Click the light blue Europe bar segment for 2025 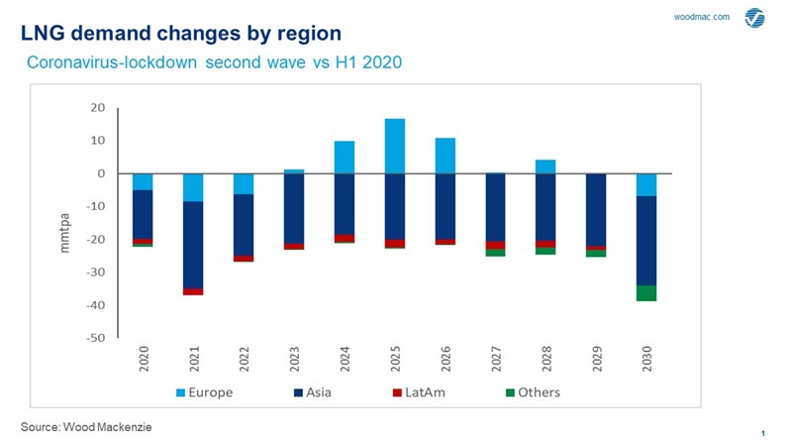(x=395, y=146)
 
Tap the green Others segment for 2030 (x=646, y=292)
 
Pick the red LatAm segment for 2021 (x=193, y=291)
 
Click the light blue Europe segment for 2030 (x=646, y=184)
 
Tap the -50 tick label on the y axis (x=95, y=338)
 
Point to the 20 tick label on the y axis (x=98, y=108)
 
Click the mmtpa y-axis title (x=66, y=232)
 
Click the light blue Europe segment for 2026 (x=445, y=156)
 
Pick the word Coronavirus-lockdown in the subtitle (x=113, y=63)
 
